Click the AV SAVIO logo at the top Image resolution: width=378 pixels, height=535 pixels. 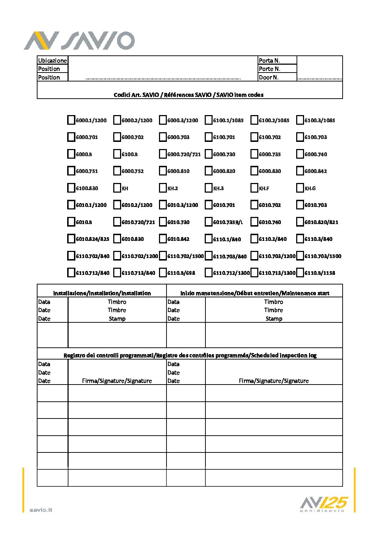[79, 40]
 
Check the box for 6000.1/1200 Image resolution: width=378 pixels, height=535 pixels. [71, 120]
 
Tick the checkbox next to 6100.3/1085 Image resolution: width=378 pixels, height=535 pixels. [300, 120]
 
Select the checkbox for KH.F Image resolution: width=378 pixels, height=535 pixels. [254, 188]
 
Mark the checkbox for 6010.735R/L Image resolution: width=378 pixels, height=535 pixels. [208, 222]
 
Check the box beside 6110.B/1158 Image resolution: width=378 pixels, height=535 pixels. [300, 273]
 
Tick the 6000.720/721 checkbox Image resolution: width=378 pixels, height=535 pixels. [163, 154]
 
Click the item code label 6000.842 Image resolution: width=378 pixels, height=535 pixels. [315, 171]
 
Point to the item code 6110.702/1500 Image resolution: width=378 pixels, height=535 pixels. [185, 256]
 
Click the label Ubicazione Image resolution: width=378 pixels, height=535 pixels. [52, 60]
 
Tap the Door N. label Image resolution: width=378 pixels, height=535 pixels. [268, 77]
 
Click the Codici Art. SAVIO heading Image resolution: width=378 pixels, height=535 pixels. [188, 95]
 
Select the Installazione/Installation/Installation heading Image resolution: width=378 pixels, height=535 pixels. [102, 293]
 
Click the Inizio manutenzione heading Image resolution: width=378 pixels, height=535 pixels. [255, 293]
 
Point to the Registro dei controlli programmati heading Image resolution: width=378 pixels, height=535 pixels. [190, 355]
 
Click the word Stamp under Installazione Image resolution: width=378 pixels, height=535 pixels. [117, 318]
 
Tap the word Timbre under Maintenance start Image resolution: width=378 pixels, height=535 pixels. [273, 310]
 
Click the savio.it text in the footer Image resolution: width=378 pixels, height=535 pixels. [41, 510]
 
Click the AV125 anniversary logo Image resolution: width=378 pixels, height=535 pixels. [323, 504]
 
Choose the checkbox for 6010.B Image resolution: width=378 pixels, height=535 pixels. [71, 222]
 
